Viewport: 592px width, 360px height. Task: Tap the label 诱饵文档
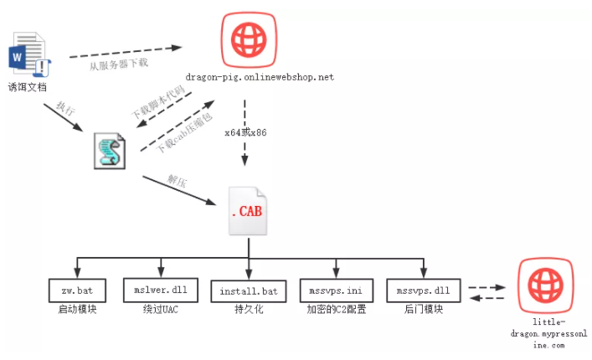(x=28, y=86)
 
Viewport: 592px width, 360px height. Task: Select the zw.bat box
(x=75, y=290)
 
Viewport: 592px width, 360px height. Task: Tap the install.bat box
(x=249, y=291)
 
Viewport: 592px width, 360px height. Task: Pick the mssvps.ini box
(x=335, y=291)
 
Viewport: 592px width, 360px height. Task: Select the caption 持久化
(x=249, y=309)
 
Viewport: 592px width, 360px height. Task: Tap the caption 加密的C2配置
(x=335, y=309)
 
